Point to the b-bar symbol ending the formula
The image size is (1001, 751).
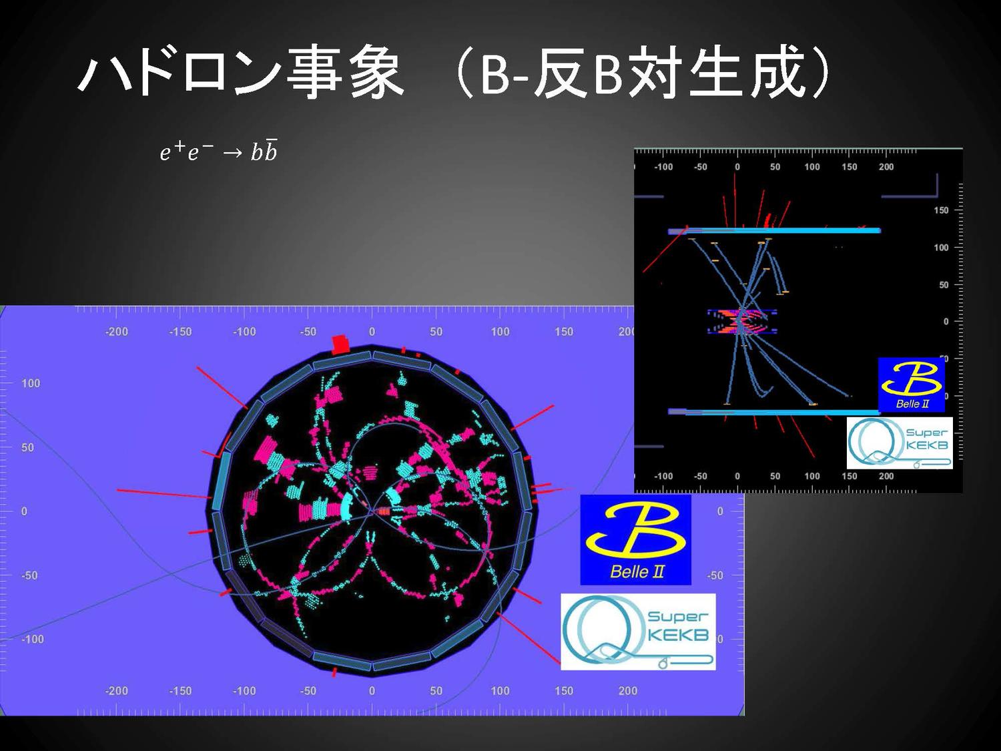pyautogui.click(x=270, y=151)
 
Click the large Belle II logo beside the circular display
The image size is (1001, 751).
pyautogui.click(x=636, y=539)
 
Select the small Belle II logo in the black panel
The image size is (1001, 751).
pyautogui.click(x=911, y=385)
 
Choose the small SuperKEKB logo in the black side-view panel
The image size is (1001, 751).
pyautogui.click(x=900, y=443)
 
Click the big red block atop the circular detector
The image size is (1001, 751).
pyautogui.click(x=340, y=345)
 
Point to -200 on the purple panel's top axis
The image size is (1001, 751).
pyautogui.click(x=116, y=332)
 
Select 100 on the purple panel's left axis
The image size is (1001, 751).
pyautogui.click(x=31, y=383)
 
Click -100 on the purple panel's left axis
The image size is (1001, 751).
pyautogui.click(x=33, y=639)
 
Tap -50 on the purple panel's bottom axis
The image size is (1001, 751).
pyautogui.click(x=308, y=691)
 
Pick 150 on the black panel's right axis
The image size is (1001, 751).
pyautogui.click(x=941, y=210)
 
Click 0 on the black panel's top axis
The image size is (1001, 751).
pyautogui.click(x=737, y=167)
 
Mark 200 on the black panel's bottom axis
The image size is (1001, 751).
pyautogui.click(x=886, y=476)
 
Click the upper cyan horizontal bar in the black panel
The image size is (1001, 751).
pyautogui.click(x=774, y=231)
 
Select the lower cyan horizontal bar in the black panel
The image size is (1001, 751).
pyautogui.click(x=774, y=412)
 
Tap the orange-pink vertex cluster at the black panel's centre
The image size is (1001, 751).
pyautogui.click(x=742, y=322)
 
